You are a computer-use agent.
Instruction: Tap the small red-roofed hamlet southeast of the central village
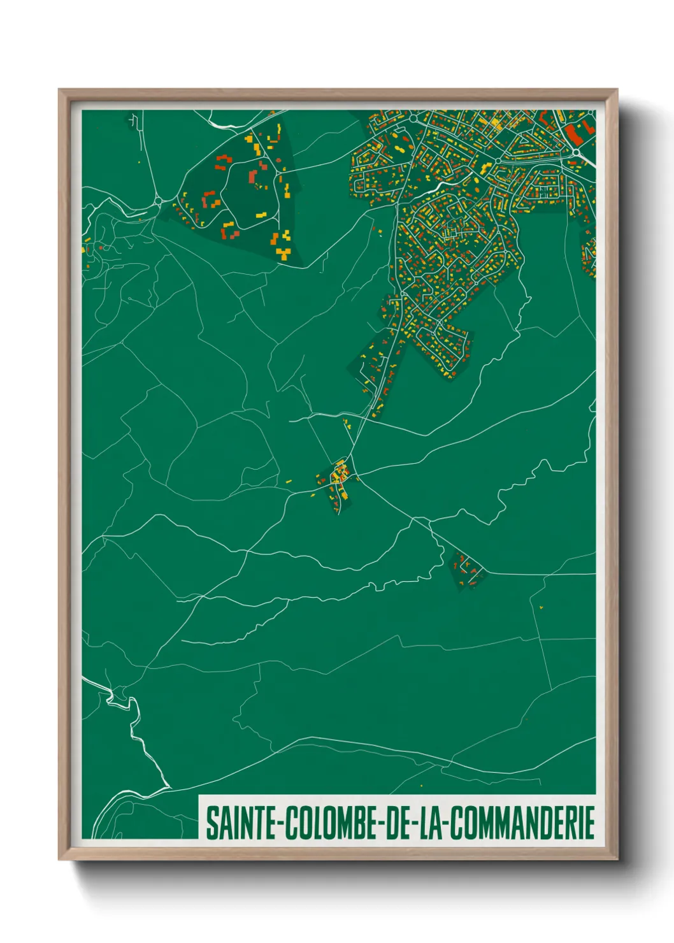tap(466, 568)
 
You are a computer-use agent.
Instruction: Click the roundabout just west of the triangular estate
tap(157, 202)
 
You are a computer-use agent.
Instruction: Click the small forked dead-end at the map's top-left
tap(134, 119)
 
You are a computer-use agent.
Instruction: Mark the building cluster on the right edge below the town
tap(589, 255)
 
